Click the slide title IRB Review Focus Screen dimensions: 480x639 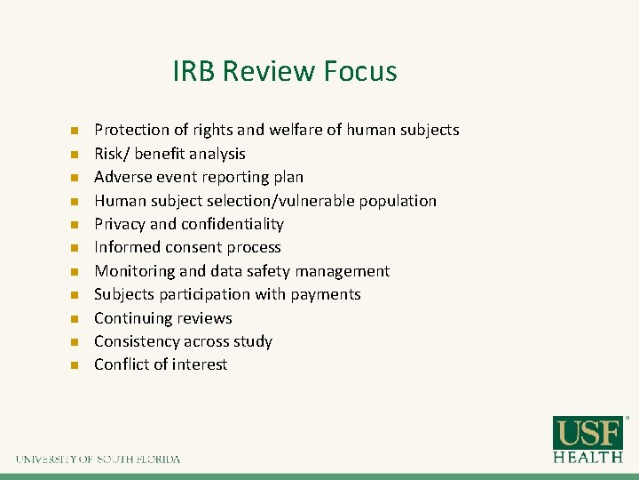click(x=285, y=71)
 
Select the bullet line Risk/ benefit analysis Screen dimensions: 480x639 click(x=170, y=154)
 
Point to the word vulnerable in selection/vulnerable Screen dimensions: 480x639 click(x=321, y=201)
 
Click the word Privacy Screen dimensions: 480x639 click(x=120, y=224)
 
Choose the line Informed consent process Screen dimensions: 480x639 click(x=187, y=247)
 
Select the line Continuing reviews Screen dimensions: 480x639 click(x=163, y=318)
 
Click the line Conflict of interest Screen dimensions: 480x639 click(x=161, y=364)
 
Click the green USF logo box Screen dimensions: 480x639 click(x=588, y=433)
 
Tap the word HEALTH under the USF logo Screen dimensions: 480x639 click(x=588, y=457)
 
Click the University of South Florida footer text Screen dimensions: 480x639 click(x=98, y=460)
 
